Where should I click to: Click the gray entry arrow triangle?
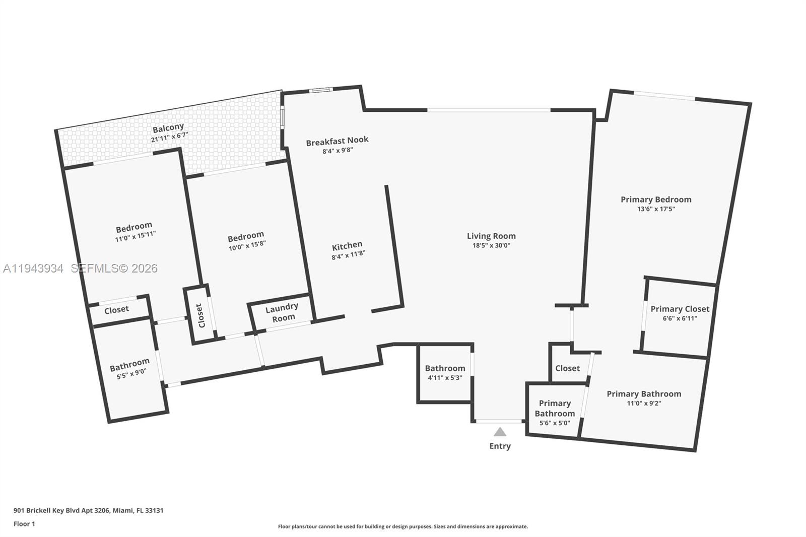coord(500,432)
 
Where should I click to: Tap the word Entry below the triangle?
coord(500,446)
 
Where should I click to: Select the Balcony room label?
coord(168,128)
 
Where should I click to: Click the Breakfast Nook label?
coord(337,141)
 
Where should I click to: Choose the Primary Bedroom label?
coord(656,199)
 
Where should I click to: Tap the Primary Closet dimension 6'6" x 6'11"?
coord(680,318)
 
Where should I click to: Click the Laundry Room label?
coord(282,312)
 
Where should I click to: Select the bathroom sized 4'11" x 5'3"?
coord(445,373)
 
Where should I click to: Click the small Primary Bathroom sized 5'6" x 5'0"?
coord(555,413)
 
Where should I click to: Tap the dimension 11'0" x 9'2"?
coord(644,403)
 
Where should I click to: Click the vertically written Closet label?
coord(200,315)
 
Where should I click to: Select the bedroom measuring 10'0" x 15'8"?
coord(246,240)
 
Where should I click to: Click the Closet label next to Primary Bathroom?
coord(567,368)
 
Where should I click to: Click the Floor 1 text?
coord(24,524)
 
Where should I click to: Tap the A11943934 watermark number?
coord(33,268)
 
